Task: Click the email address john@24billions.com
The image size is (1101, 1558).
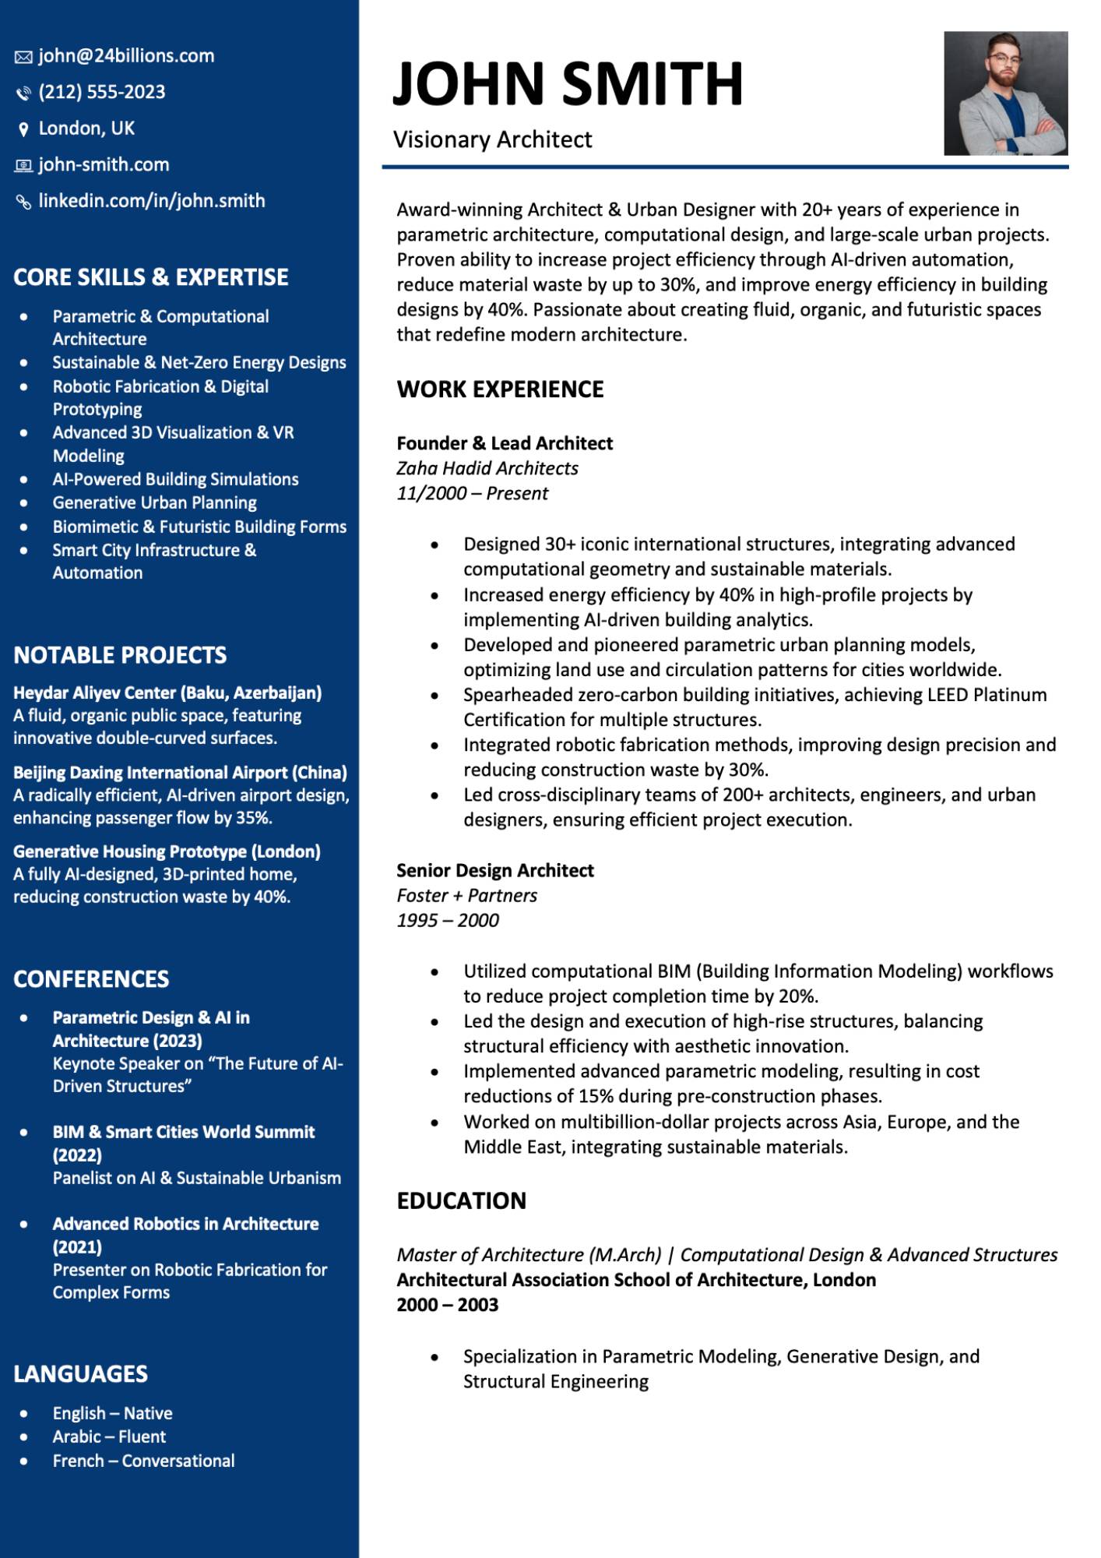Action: point(126,56)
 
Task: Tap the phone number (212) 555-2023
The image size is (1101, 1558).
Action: point(102,92)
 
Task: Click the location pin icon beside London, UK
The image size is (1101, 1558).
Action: point(23,129)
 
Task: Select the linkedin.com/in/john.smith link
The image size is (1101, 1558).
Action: point(152,201)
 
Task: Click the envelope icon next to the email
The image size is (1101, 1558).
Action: point(23,57)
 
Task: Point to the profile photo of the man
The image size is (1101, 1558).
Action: point(1005,93)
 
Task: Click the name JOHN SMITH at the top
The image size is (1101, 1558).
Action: point(568,83)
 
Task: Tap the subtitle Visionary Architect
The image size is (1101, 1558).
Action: point(492,139)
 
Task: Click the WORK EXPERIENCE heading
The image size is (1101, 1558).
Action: point(500,389)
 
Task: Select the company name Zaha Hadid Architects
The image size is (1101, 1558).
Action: point(487,468)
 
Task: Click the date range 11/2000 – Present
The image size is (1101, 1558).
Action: point(472,493)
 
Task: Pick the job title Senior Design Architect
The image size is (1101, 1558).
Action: point(495,870)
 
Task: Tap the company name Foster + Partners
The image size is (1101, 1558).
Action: point(466,895)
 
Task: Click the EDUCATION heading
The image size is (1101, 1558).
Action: point(461,1200)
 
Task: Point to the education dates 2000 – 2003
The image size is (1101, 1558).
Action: point(447,1305)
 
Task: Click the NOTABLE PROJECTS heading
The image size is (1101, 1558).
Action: point(120,655)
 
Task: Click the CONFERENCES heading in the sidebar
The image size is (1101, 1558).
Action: point(91,979)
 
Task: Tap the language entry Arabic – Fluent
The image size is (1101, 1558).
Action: point(109,1436)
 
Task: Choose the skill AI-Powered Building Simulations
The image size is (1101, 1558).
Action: point(175,479)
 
